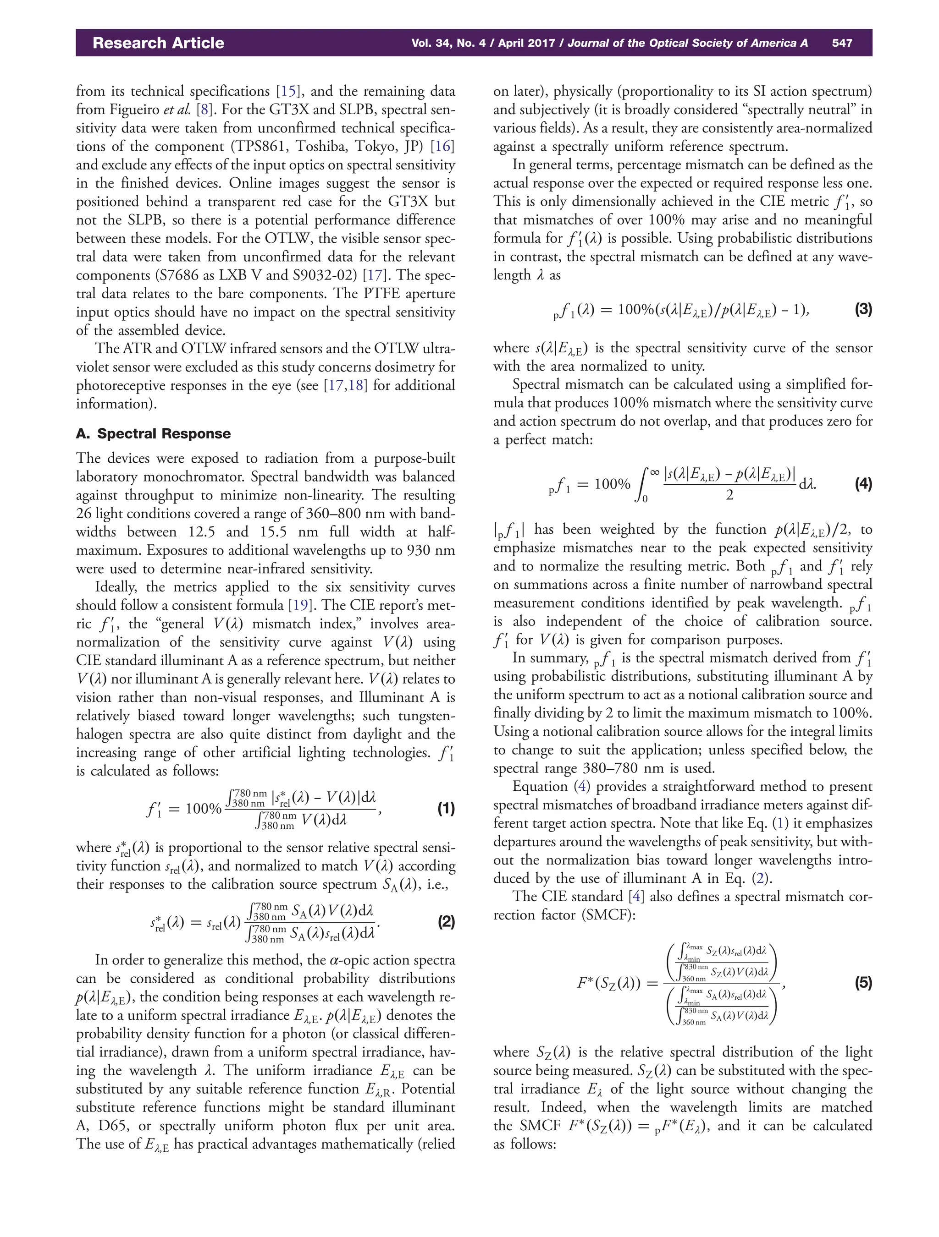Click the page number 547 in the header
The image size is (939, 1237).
(x=842, y=43)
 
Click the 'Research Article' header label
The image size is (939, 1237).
(x=158, y=43)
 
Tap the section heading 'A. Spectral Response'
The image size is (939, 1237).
(x=153, y=433)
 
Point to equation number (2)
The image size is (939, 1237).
(x=446, y=922)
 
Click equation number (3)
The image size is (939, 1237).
(x=863, y=309)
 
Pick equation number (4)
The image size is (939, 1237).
(x=863, y=484)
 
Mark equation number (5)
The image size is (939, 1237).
(x=863, y=983)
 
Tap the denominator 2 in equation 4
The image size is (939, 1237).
(x=729, y=495)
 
